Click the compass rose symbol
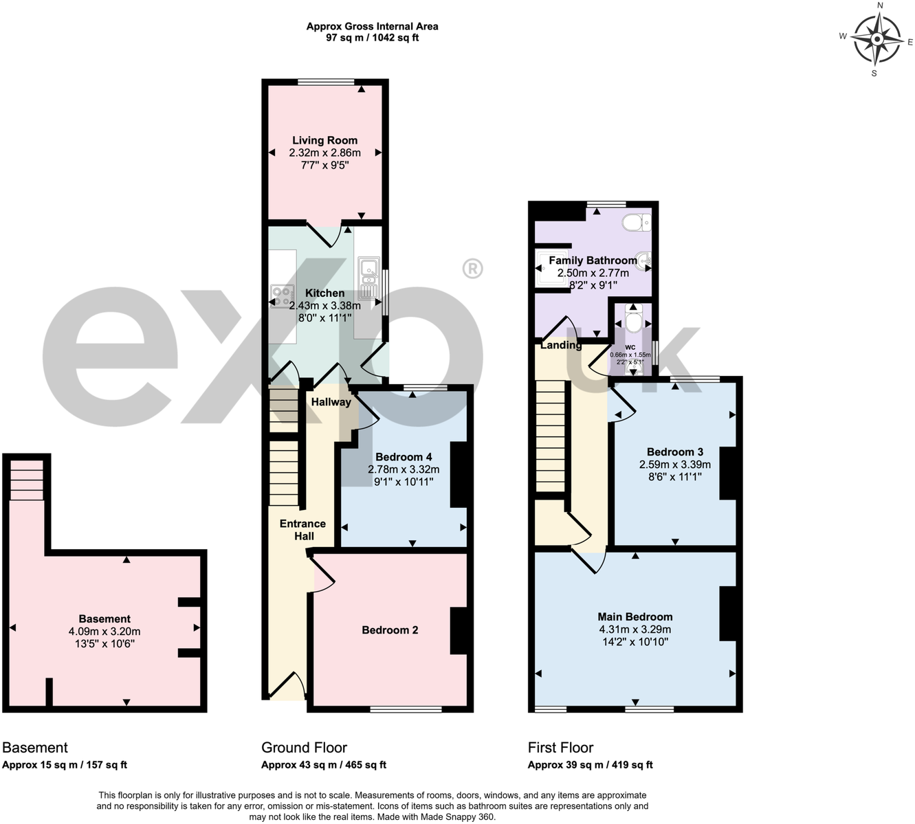pos(877,39)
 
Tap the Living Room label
pos(324,140)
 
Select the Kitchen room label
pos(324,293)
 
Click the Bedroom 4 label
pos(404,457)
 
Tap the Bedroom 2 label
pos(390,630)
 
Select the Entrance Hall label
pos(302,530)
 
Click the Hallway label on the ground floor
pos(331,402)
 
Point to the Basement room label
pos(104,619)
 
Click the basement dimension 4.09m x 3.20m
pos(104,632)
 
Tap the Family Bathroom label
pos(593,260)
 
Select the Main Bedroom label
pos(635,616)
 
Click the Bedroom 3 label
pos(674,452)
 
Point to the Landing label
pos(560,345)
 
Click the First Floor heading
pos(560,748)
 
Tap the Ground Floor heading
pos(304,748)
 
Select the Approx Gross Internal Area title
pos(372,27)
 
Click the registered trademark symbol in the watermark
pos(472,269)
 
